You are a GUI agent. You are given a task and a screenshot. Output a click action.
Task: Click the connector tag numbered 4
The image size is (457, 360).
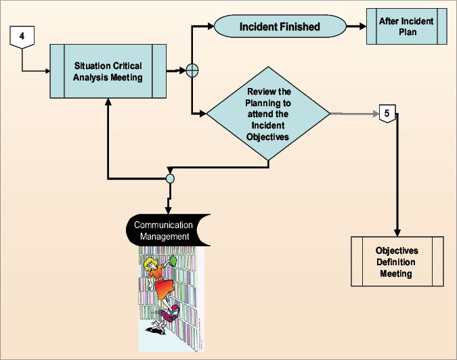[22, 37]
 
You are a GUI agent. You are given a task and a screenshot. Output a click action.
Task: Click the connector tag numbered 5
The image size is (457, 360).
[385, 113]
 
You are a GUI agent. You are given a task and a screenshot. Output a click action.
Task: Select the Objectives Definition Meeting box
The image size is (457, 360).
[397, 261]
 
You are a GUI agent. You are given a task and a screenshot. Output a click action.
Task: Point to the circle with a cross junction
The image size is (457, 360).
[192, 70]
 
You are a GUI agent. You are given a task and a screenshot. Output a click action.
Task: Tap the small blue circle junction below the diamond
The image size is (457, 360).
[170, 179]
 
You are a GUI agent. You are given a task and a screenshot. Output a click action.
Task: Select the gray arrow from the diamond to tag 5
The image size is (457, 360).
[352, 114]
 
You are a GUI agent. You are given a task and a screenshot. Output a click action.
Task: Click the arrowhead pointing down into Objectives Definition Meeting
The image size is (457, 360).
[397, 231]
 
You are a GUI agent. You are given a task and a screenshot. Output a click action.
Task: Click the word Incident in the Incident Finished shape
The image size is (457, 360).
[259, 28]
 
